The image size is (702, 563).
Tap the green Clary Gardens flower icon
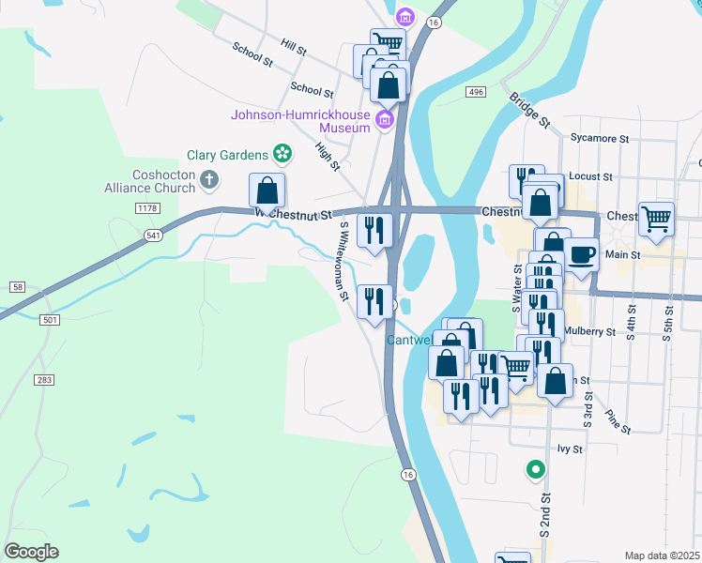point(281,153)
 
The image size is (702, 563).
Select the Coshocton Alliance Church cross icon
point(209,178)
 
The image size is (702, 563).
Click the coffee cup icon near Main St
point(581,254)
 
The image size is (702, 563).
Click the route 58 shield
point(17,285)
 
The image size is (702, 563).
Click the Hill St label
point(294,44)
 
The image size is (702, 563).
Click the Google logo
point(31,551)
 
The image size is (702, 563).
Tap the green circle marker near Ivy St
point(535,468)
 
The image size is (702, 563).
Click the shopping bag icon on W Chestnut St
point(267,190)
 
